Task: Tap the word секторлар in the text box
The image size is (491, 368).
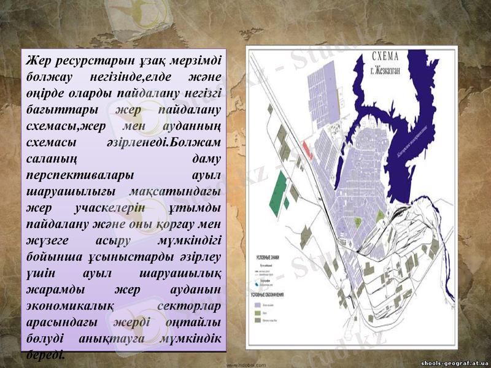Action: point(190,304)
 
